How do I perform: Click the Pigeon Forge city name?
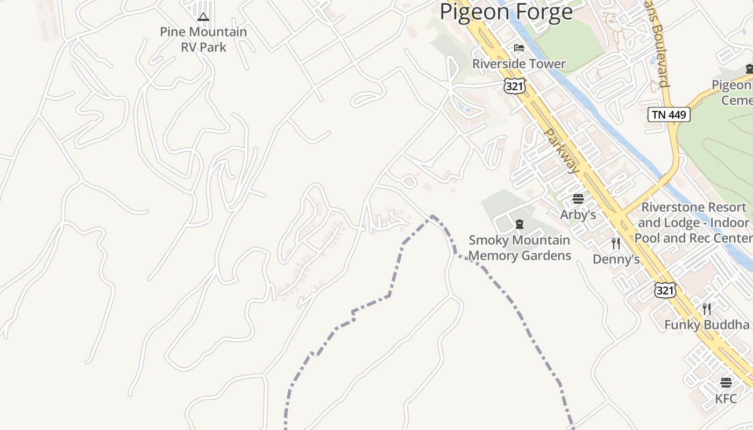point(506,12)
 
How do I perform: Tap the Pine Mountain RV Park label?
point(203,39)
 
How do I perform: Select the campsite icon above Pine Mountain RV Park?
point(203,17)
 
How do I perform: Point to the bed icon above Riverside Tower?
point(519,48)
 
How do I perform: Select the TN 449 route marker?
point(669,114)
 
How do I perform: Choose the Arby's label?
point(578,214)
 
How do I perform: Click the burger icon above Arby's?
point(578,199)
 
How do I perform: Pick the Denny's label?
point(616,260)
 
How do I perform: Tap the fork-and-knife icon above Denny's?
point(616,243)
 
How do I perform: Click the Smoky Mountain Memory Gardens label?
point(520,248)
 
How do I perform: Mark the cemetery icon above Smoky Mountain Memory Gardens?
point(520,224)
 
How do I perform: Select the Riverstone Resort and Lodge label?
point(694,223)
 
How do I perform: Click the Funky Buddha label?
point(707,325)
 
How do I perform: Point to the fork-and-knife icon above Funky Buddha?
point(707,309)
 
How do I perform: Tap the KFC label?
point(726,399)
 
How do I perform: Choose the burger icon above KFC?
point(726,383)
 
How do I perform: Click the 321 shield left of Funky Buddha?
point(665,290)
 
